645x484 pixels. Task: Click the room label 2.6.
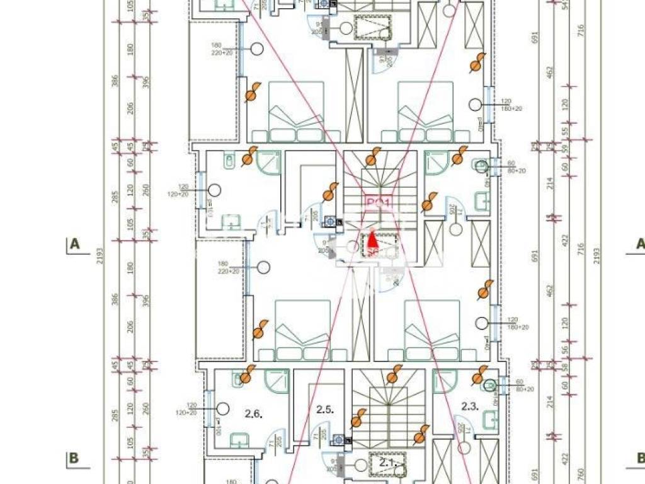coord(253,414)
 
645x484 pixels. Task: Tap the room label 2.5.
coord(324,410)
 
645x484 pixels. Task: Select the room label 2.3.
coord(470,406)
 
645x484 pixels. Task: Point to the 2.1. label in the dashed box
coord(386,463)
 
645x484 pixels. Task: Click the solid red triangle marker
coord(372,239)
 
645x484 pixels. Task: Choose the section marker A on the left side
coord(74,245)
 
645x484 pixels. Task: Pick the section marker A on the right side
coord(639,245)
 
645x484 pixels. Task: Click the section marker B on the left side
coord(74,458)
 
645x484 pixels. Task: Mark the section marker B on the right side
coord(639,458)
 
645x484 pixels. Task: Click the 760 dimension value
coord(581,473)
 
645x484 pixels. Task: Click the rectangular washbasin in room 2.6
coord(238,439)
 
